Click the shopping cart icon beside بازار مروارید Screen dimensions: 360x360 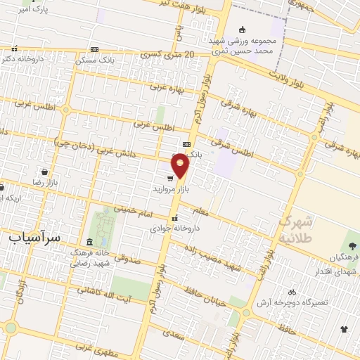click(170, 179)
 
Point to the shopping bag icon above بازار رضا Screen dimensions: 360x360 click(45, 172)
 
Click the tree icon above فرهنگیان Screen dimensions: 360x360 click(352, 247)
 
